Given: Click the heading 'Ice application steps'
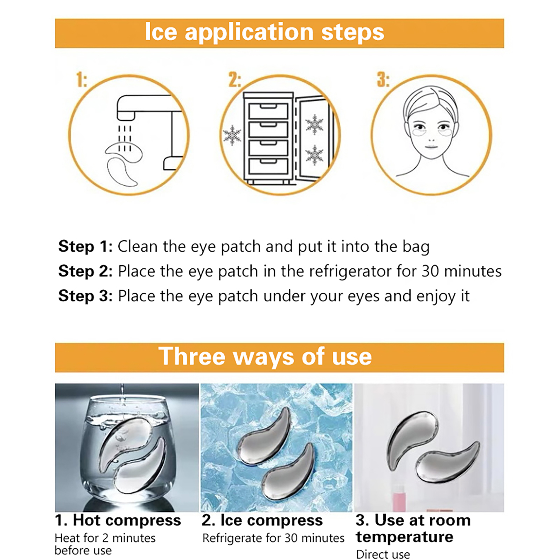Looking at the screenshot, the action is pos(265,32).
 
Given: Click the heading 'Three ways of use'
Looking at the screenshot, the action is pos(265,357).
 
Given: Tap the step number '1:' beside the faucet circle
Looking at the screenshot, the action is pos(82,80).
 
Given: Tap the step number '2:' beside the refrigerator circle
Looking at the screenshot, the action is pos(234,80).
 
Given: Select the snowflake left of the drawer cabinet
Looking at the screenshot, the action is pos(232,135).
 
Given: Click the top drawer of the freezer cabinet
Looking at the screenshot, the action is pos(268,111).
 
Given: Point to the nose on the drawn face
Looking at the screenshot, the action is pos(432,138).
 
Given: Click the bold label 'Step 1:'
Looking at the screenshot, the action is pos(85,246).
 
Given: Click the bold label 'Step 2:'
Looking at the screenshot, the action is pos(85,271).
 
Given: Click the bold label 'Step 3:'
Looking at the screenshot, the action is pos(85,296).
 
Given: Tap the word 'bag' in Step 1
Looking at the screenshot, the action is pos(416,247).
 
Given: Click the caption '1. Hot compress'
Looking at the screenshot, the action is pos(118,520).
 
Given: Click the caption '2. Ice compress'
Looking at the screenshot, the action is pos(262,521).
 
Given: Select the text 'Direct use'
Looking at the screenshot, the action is pos(383,554).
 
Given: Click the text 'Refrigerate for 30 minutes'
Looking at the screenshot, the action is pos(273,538).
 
